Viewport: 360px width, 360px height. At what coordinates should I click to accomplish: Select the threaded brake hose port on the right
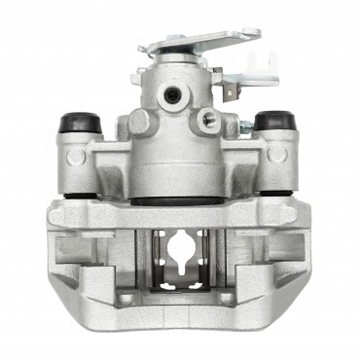pyautogui.click(x=207, y=121)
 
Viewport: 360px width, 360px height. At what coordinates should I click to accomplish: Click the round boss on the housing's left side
pyautogui.click(x=139, y=122)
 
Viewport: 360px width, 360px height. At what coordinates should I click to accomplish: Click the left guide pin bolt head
pyautogui.click(x=76, y=154)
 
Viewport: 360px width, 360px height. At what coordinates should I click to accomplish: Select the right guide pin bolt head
pyautogui.click(x=278, y=153)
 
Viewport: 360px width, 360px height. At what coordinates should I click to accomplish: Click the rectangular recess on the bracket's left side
pyautogui.click(x=74, y=247)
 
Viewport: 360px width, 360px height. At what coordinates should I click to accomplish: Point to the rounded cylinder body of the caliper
pyautogui.click(x=175, y=161)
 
